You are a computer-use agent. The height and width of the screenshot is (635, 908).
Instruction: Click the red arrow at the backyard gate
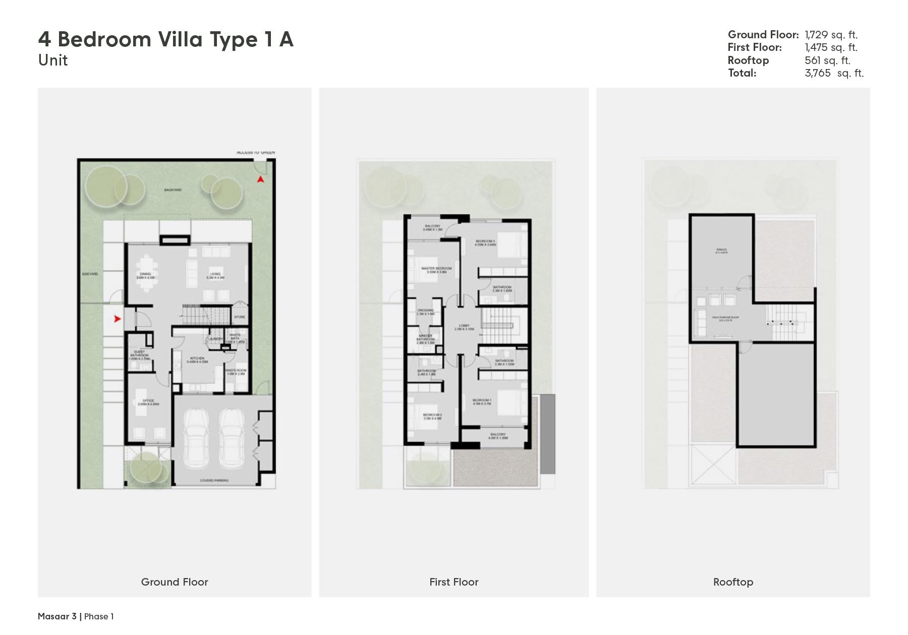(x=260, y=179)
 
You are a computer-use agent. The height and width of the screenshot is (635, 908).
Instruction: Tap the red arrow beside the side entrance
(x=117, y=319)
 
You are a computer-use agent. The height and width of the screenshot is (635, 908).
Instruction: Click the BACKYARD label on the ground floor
(x=173, y=190)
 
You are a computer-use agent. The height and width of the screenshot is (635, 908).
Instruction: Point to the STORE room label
(x=240, y=317)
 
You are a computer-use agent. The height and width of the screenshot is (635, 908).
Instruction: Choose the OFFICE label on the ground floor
(x=148, y=401)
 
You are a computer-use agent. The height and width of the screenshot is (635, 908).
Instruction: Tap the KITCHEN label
(x=197, y=359)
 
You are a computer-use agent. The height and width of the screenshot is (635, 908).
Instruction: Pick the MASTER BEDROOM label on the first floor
(x=436, y=269)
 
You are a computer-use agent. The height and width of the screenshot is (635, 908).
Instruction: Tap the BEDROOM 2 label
(x=432, y=416)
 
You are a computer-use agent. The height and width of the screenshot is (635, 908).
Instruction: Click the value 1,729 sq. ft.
(x=831, y=35)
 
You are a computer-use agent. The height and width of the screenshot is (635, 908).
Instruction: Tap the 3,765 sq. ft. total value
(x=834, y=73)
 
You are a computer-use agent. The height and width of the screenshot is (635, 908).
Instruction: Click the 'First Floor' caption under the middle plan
(x=453, y=582)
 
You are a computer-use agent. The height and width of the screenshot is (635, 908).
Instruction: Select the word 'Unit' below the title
(x=53, y=60)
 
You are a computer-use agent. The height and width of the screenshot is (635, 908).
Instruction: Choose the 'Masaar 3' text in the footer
(x=57, y=616)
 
